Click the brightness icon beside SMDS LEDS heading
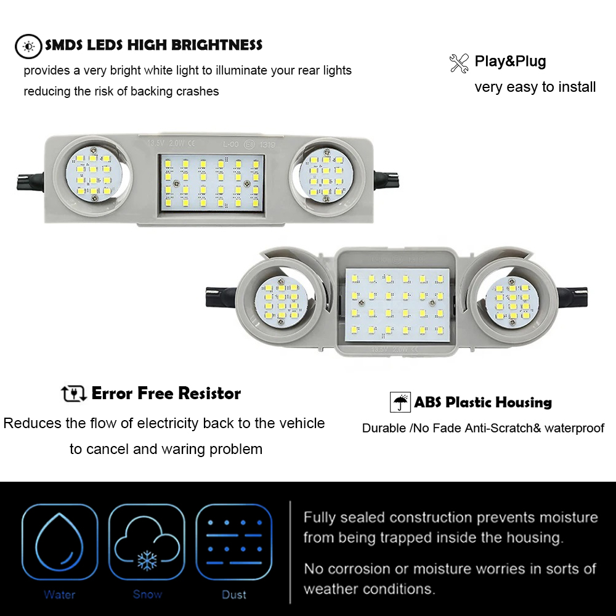(x=28, y=46)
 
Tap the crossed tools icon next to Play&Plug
(x=459, y=63)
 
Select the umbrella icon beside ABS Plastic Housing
(x=400, y=402)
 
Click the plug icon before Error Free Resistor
(x=74, y=393)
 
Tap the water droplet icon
(x=60, y=541)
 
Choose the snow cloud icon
(x=147, y=541)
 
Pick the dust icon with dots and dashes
(x=234, y=541)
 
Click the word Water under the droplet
(x=59, y=594)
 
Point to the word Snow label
(x=147, y=594)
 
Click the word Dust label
(x=234, y=594)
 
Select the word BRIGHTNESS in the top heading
(x=217, y=45)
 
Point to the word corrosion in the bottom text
(x=360, y=569)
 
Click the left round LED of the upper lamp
(x=93, y=175)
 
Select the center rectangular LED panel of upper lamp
(x=211, y=184)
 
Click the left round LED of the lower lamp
(x=282, y=301)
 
